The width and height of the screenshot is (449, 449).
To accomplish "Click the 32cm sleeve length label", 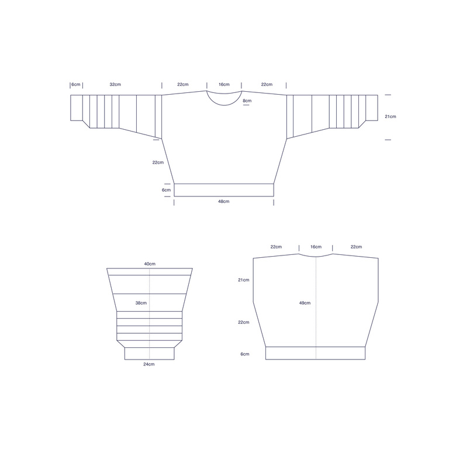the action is click(115, 84).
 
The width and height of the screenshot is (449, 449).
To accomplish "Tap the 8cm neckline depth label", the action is click(247, 101).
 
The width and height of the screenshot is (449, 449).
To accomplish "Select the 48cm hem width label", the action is click(224, 202).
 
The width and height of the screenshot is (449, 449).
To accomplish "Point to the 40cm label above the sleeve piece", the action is click(150, 264).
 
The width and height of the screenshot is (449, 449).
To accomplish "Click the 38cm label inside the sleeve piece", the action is click(141, 303).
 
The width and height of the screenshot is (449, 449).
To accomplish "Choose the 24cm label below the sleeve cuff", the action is click(149, 364).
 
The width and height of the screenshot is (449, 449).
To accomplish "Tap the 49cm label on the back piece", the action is click(305, 303).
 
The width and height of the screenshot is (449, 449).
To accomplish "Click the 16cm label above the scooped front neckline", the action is click(224, 84).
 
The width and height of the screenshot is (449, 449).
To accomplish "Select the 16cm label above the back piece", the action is click(316, 247).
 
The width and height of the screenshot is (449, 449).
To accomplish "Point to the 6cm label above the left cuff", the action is click(76, 84).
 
